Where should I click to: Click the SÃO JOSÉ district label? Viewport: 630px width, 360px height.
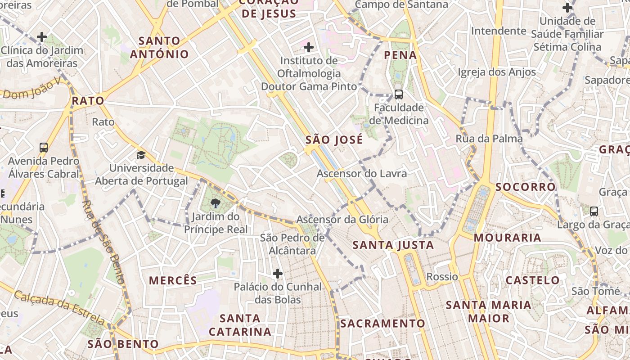(x=334, y=140)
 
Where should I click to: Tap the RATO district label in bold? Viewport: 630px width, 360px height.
(x=88, y=101)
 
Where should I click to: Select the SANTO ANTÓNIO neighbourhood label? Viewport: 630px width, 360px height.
(x=159, y=48)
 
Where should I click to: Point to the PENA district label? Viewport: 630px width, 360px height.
(x=400, y=55)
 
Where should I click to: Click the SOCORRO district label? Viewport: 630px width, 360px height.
(x=526, y=187)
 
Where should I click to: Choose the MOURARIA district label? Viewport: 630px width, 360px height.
(x=507, y=238)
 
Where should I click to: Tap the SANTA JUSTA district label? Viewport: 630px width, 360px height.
(x=393, y=245)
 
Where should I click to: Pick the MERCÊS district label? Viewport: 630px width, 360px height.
(x=173, y=281)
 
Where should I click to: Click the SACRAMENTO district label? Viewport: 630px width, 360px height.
(x=382, y=324)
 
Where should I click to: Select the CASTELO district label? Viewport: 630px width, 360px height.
(x=532, y=280)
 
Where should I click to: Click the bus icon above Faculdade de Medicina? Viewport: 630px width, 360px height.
(x=398, y=94)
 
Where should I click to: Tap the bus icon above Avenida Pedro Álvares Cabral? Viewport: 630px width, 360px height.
(x=44, y=147)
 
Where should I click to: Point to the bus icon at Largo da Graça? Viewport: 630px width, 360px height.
(x=594, y=211)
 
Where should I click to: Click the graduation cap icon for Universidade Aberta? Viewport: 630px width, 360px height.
(x=141, y=155)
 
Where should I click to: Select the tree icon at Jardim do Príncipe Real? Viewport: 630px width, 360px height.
(x=215, y=203)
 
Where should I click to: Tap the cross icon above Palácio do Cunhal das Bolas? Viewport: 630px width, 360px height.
(x=278, y=273)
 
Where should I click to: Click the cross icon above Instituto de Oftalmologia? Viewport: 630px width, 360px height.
(x=309, y=47)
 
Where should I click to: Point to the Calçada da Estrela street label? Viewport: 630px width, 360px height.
(x=58, y=307)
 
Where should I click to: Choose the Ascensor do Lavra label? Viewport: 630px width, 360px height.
(x=362, y=174)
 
